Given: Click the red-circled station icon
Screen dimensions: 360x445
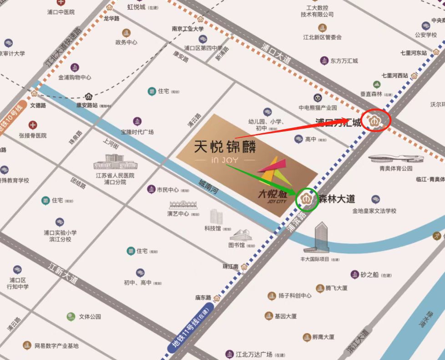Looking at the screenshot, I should [x=376, y=121].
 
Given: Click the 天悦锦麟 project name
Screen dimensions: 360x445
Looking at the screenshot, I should [x=225, y=146].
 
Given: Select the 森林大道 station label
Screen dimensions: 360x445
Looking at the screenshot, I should [x=337, y=199].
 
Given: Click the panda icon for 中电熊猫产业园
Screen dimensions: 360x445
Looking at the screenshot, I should [x=318, y=98].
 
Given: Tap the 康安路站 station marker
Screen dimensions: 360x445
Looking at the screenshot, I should [x=89, y=96].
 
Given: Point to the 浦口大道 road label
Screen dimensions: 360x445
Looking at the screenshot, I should [x=276, y=52].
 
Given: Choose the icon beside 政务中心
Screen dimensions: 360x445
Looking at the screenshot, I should [x=126, y=33].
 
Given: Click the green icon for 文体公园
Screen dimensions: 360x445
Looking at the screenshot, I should [x=71, y=316].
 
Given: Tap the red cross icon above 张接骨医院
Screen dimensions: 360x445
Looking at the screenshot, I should [x=33, y=125].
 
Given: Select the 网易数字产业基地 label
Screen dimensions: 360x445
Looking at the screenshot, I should [x=57, y=346].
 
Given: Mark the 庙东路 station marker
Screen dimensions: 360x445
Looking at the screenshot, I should [x=217, y=298].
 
